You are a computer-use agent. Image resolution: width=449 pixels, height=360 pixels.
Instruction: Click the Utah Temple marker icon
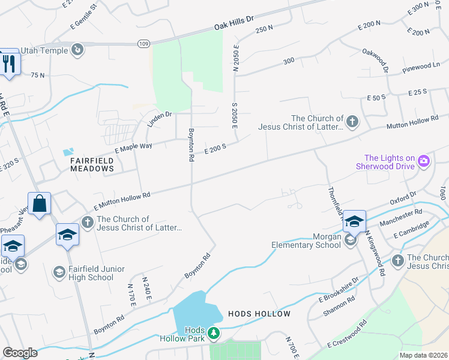click(77, 49)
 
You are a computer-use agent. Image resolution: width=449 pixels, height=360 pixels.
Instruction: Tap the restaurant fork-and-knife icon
click(8, 63)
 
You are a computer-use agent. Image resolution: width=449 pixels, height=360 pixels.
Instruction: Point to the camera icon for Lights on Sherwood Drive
click(424, 160)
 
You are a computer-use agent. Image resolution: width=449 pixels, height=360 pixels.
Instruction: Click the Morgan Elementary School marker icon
click(351, 240)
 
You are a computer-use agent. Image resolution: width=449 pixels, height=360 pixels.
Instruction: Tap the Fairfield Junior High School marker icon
click(59, 272)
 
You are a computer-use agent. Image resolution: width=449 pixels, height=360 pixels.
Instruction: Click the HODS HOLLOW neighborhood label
click(259, 314)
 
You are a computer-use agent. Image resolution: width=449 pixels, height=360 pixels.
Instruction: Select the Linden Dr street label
click(160, 119)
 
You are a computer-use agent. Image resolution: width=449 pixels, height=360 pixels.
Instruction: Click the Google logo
click(20, 352)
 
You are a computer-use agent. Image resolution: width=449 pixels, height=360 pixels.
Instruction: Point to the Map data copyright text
click(423, 355)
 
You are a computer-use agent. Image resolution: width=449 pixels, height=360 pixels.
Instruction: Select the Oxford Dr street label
click(403, 198)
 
